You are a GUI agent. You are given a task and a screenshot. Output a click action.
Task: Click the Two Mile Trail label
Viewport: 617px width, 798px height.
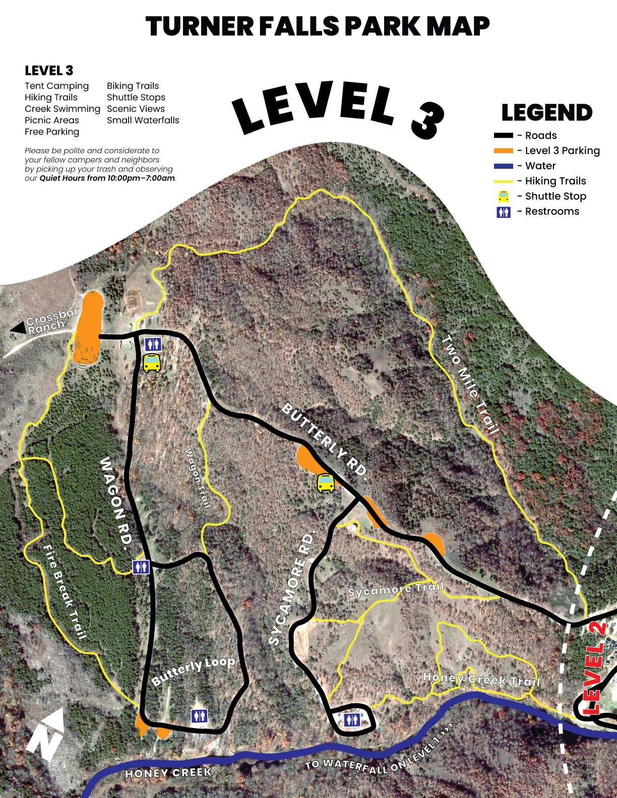[x=470, y=385]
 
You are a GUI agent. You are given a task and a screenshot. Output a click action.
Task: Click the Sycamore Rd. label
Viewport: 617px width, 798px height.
[x=293, y=587]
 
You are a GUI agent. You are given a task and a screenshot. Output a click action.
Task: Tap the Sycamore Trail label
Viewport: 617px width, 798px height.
[x=396, y=589]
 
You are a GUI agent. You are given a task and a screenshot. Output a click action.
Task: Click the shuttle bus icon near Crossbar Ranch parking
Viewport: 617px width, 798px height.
[x=152, y=363]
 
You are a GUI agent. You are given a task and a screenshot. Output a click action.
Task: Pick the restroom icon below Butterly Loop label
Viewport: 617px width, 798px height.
[x=199, y=716]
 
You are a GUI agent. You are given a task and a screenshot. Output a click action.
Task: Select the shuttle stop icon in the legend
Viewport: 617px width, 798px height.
[x=503, y=196]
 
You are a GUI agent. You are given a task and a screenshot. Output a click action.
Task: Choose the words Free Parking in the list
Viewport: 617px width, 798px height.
[x=52, y=131]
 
